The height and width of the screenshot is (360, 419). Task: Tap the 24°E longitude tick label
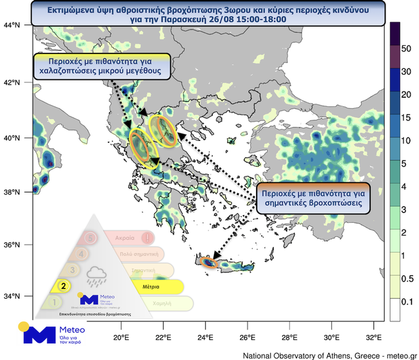[206, 338]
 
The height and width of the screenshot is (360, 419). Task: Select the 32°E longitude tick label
[374, 338]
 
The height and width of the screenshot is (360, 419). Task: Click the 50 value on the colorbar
[406, 48]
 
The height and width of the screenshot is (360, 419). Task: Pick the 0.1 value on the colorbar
[407, 301]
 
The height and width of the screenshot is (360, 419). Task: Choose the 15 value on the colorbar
[406, 118]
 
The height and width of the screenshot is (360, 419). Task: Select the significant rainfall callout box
[315, 196]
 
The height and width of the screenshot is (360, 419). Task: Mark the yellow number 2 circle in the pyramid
[63, 285]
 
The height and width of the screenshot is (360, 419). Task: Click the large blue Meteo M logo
[39, 334]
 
